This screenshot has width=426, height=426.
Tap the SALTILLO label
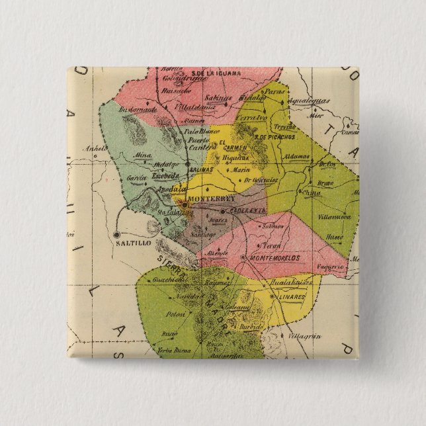point(134,243)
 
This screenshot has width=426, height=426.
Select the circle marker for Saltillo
point(116,234)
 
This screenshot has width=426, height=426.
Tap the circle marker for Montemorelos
point(244,257)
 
